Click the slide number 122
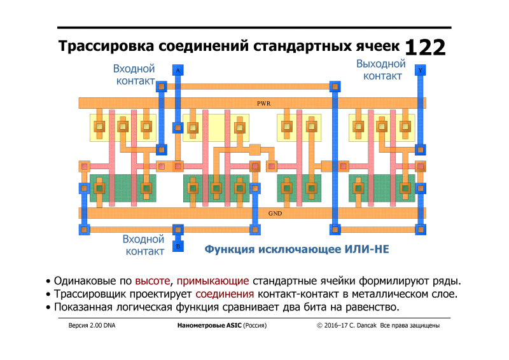pos(425,48)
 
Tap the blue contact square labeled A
pos(178,69)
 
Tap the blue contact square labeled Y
pos(420,69)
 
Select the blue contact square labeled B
pos(178,246)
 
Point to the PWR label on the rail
pos(264,103)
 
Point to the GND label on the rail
pos(274,214)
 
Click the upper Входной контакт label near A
pos(134,74)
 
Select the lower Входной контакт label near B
pos(144,245)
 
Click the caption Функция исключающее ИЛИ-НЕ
pos(296,249)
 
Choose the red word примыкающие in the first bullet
pos(213,280)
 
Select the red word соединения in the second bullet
pos(225,294)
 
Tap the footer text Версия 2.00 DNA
pos(92,326)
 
